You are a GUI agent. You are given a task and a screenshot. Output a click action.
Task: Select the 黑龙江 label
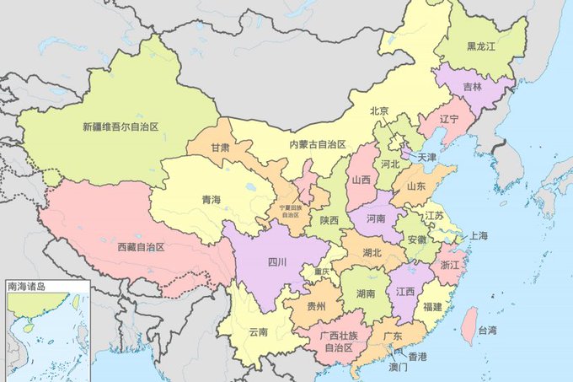(480, 47)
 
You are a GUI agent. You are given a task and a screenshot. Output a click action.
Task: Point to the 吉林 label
(473, 87)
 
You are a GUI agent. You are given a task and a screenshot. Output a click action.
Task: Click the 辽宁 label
(449, 120)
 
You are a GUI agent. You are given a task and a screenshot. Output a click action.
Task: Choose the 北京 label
(379, 111)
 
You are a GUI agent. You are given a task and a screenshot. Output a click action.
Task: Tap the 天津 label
(427, 157)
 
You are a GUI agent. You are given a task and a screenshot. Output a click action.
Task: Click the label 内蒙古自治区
(318, 144)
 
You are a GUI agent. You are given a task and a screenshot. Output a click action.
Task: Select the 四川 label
(277, 262)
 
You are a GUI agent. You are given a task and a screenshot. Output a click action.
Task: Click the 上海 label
(478, 235)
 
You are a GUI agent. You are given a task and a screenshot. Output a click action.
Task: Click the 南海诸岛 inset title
(26, 287)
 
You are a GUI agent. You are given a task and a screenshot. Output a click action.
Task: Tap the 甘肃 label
(221, 148)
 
